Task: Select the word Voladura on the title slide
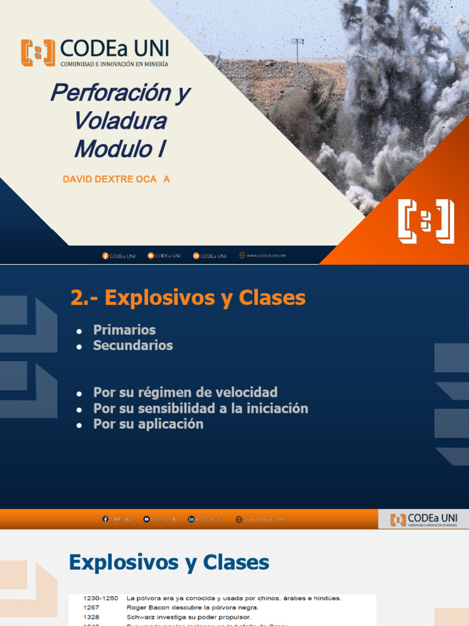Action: pos(120,120)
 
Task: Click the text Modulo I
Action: pos(120,149)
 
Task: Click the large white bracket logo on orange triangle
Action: pos(426,221)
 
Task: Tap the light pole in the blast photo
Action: pos(297,51)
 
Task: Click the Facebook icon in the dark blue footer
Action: pos(105,256)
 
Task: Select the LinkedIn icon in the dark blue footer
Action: pos(196,256)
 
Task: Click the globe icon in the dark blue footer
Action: pos(242,256)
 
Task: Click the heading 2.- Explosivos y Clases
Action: pos(188,298)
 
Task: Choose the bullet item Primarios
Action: pos(124,330)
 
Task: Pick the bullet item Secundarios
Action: pos(133,345)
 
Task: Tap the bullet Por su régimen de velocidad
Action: pos(185,392)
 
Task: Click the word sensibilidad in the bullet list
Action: pos(167,408)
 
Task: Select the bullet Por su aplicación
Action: pos(148,424)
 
